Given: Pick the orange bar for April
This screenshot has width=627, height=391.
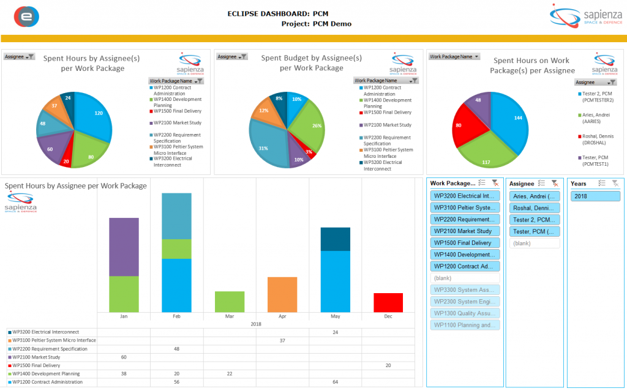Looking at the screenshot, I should coord(282,294).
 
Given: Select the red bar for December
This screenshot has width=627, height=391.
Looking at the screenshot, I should coord(388,302).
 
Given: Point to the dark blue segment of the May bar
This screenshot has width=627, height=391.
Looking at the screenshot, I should coord(336,239).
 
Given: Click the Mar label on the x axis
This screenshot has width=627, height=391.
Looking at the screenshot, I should coord(230,317).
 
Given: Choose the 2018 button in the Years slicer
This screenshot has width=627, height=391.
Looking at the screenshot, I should coord(595,196).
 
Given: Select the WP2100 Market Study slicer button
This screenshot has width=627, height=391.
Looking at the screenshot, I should coord(465,231).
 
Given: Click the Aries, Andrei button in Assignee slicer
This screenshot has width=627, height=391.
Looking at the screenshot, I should coord(535,196).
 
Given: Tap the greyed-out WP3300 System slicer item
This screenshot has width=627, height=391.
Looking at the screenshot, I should coord(465,290).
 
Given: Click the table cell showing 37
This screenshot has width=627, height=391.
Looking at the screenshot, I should coord(282,340).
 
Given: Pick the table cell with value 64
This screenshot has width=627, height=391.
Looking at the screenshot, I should coord(336,382).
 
